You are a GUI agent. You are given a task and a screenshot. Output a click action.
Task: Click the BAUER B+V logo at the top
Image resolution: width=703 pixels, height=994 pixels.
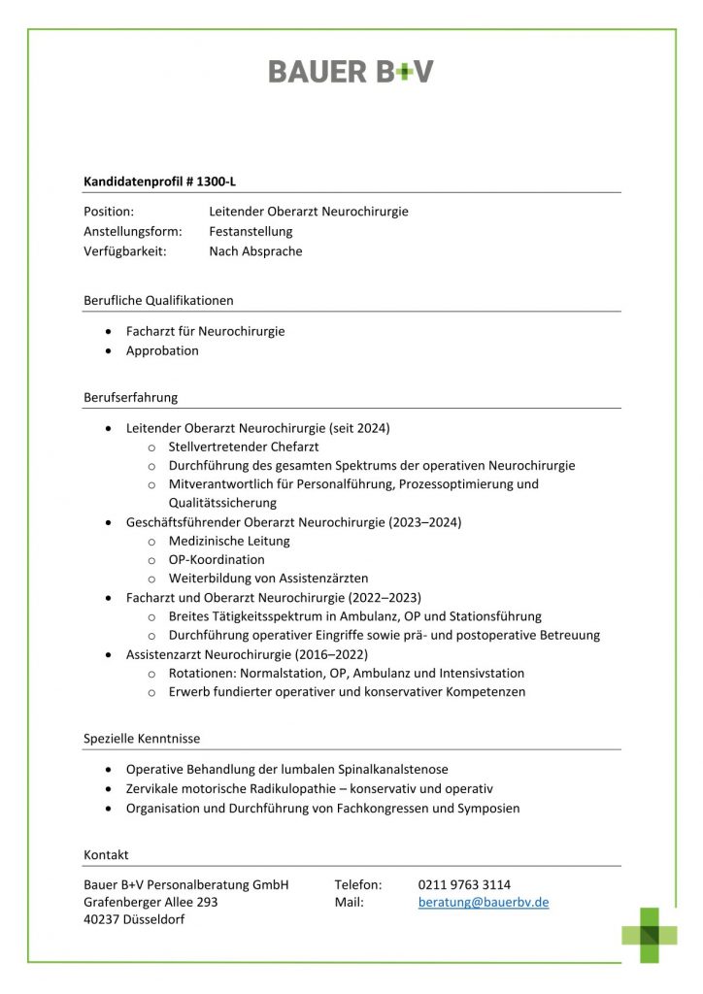tap(351, 71)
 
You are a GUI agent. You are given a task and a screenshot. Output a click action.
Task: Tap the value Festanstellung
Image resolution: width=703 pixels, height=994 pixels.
tap(251, 231)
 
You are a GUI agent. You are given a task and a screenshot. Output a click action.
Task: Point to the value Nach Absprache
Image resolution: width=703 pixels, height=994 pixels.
tap(255, 251)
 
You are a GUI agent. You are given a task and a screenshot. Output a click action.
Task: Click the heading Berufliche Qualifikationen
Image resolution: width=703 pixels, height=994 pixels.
tap(158, 300)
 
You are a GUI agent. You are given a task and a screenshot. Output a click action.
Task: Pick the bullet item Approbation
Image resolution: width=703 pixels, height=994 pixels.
tap(162, 350)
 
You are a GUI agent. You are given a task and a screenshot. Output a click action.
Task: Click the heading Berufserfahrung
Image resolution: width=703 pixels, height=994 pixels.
tap(130, 397)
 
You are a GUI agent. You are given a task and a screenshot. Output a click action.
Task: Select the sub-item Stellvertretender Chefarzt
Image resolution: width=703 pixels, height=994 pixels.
tap(244, 447)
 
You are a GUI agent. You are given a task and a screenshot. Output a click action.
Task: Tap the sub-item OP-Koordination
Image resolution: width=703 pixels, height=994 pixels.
tap(217, 559)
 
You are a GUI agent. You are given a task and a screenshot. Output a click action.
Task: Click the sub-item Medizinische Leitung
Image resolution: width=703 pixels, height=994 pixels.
tap(229, 541)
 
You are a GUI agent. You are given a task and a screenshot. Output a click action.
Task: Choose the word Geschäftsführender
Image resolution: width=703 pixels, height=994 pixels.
tap(184, 522)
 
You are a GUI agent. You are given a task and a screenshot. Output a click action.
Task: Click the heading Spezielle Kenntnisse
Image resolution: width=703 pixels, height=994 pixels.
tap(142, 739)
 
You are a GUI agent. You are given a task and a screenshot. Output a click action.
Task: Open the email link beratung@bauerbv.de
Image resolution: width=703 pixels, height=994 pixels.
tap(484, 902)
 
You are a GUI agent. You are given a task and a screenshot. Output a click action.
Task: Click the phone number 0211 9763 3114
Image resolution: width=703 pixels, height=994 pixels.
tap(464, 884)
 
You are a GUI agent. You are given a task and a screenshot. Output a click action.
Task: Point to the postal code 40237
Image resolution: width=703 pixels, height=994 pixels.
tap(102, 920)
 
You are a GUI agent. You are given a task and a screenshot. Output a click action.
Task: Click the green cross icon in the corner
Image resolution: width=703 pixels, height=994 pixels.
tap(650, 935)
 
